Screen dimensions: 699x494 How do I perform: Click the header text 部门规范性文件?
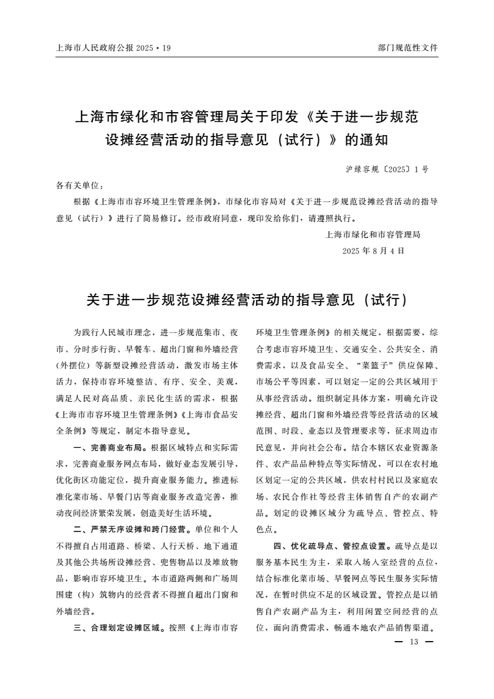click(407, 47)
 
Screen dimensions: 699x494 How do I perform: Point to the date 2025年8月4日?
click(373, 250)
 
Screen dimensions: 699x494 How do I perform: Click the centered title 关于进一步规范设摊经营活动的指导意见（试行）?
click(247, 300)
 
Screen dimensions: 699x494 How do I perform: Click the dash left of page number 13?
click(399, 642)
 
